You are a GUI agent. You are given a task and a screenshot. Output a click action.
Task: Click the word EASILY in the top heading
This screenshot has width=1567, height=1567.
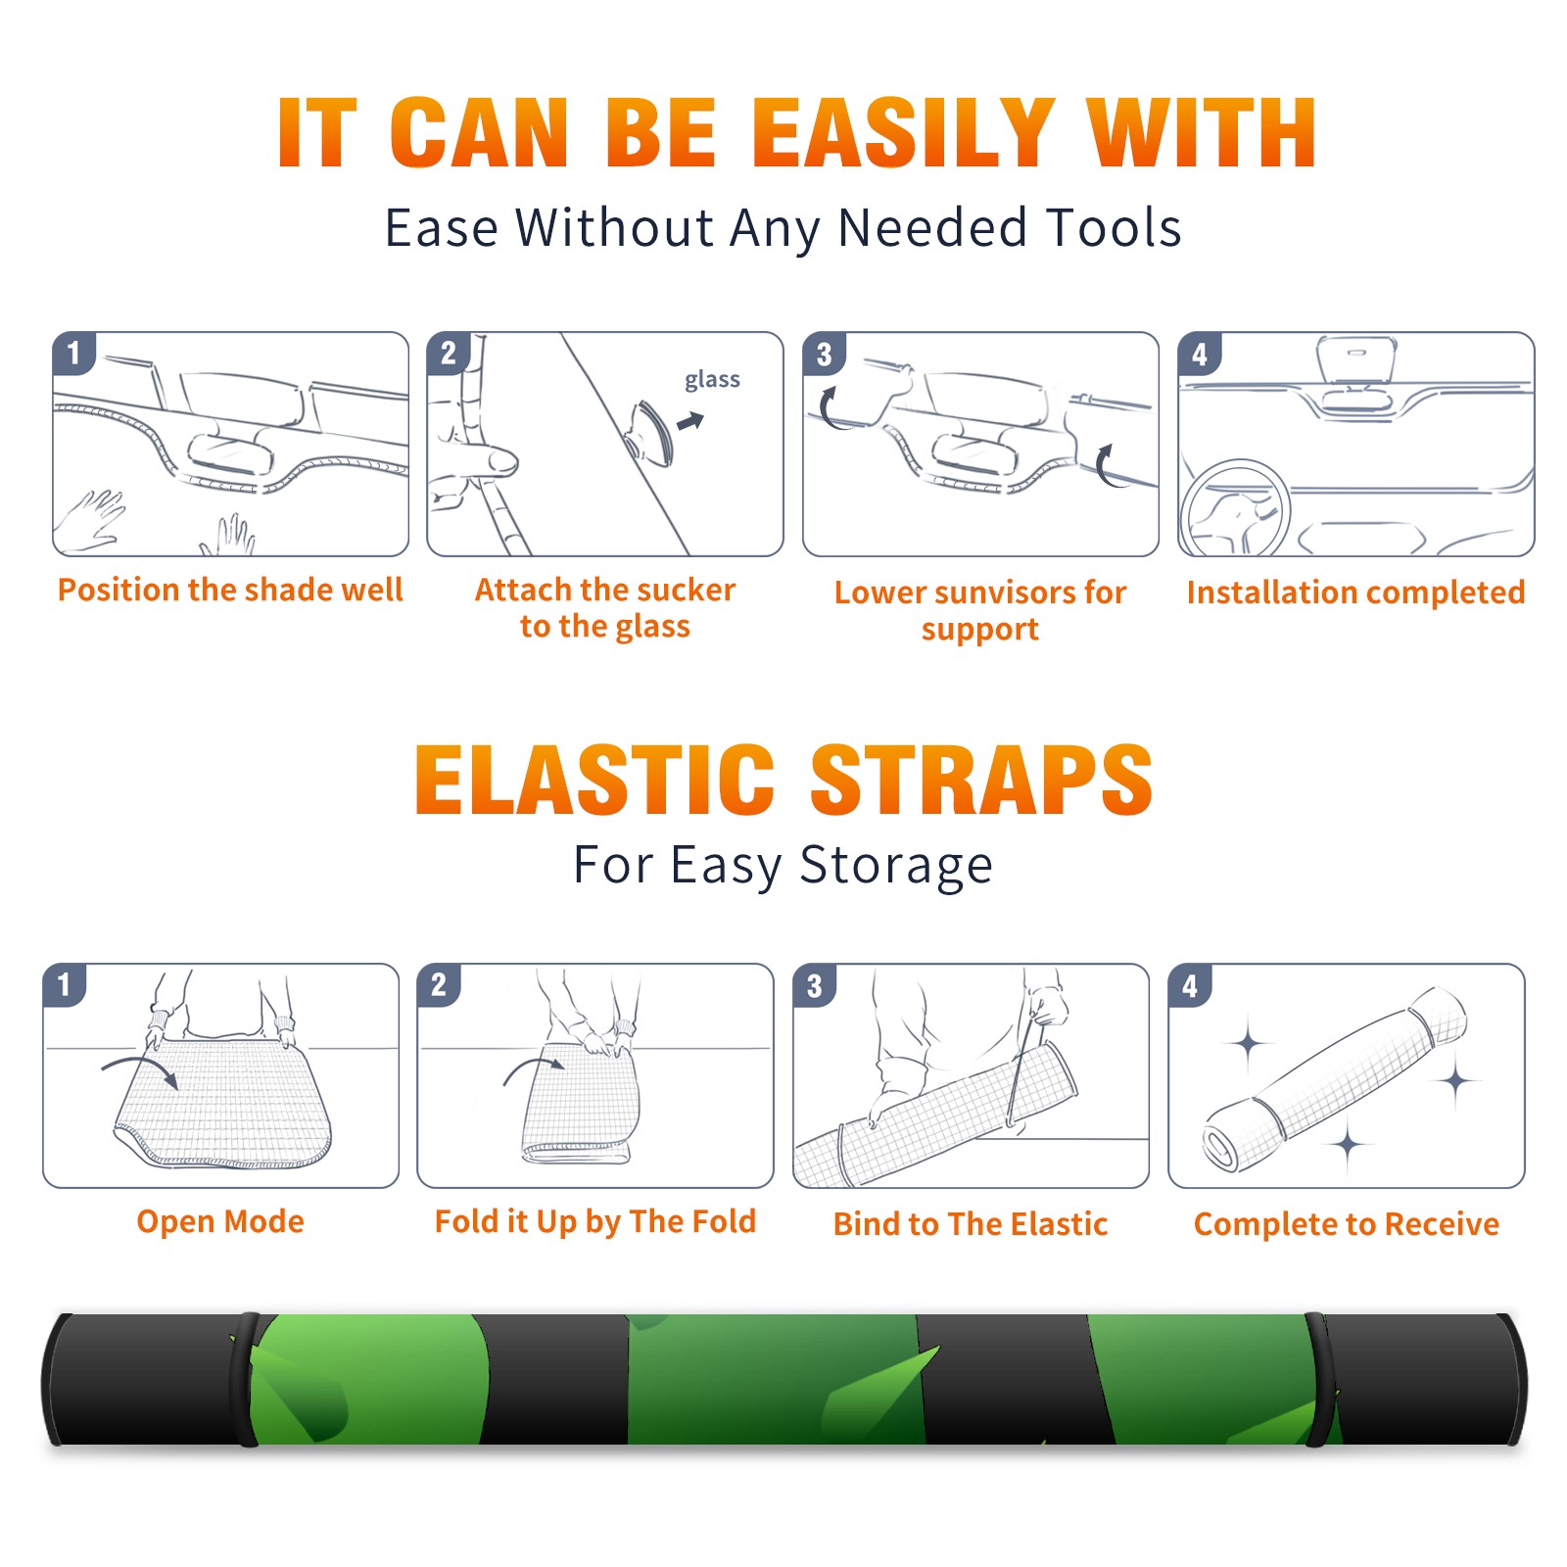pos(903,133)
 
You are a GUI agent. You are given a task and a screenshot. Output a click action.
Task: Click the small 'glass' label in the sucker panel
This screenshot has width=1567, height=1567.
pos(712,380)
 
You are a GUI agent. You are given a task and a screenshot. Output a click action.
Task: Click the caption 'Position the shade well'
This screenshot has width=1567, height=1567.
pos(230,590)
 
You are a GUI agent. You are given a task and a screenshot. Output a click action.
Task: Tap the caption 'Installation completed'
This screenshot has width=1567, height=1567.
pos(1355,593)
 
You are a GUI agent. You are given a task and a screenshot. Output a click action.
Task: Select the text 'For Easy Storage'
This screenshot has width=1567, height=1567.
pos(783,865)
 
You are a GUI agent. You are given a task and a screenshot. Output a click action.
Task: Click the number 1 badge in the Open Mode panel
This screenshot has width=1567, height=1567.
pos(65,984)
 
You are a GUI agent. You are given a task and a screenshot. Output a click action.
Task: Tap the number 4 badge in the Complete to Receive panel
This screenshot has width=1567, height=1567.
pos(1190,984)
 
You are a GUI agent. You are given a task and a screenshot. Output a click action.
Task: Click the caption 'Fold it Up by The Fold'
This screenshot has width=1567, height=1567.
pos(595,1221)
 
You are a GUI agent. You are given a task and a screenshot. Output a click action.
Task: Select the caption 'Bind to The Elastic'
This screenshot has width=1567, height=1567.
pos(971,1224)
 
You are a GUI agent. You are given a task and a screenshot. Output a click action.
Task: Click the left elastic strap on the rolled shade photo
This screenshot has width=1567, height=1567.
pos(244,1380)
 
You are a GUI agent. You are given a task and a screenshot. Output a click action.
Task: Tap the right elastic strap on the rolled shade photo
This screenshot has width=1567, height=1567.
pos(1320,1380)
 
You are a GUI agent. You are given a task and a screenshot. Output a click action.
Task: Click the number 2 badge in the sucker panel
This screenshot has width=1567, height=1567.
pos(449,354)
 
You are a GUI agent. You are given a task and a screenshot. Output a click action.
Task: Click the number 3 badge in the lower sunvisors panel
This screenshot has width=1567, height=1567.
pos(824,354)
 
